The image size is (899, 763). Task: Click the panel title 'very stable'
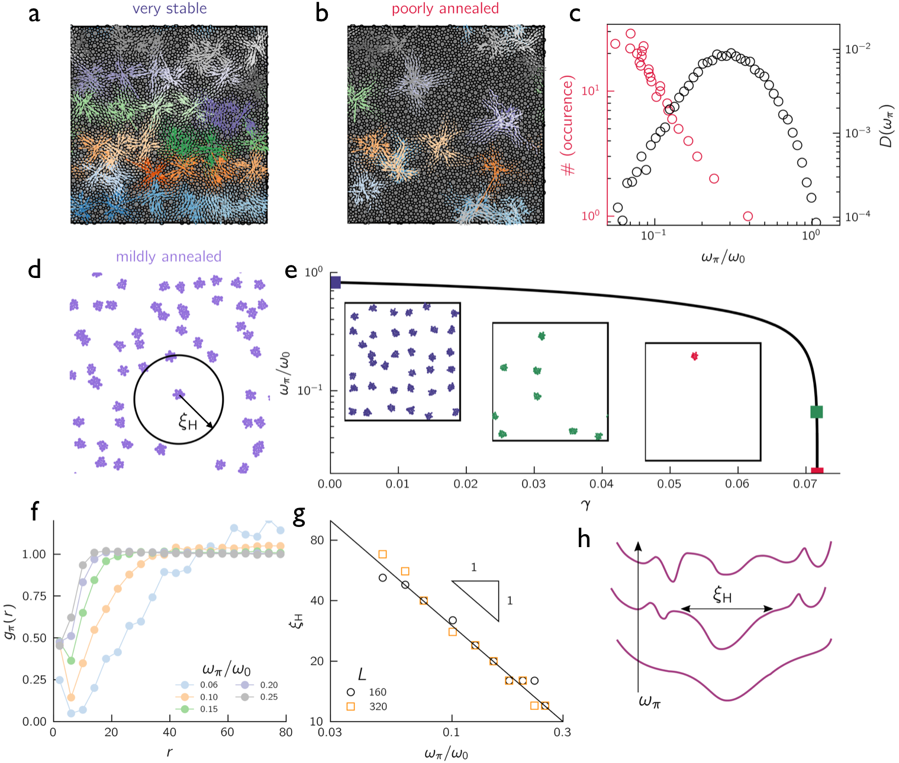[169, 9]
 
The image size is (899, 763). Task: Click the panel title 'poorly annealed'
[445, 9]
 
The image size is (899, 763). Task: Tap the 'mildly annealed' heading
[169, 257]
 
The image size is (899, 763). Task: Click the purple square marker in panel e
[336, 283]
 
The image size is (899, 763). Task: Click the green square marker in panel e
[816, 412]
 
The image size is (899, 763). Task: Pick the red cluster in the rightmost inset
[695, 356]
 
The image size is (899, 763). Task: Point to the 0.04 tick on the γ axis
[601, 484]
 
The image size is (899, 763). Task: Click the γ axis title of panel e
[585, 505]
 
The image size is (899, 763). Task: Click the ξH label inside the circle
[188, 422]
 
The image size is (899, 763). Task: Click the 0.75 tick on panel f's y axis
[34, 596]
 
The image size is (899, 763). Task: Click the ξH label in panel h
[723, 595]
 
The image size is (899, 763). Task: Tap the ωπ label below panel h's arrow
[649, 701]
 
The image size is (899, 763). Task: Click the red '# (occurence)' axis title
[568, 125]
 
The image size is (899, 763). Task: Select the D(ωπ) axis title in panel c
[886, 125]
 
